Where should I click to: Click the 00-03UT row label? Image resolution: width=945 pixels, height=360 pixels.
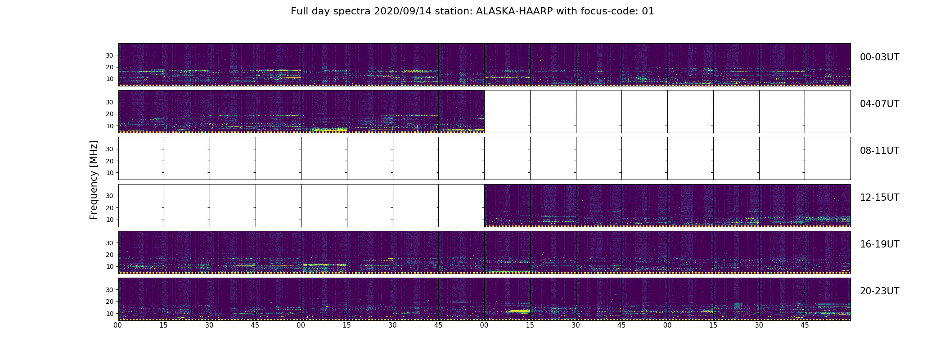(879, 57)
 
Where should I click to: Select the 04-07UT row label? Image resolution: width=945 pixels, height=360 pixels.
(879, 104)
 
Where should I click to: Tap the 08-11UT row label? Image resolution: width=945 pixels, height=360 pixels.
(879, 151)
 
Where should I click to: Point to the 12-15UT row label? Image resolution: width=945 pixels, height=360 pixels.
(879, 198)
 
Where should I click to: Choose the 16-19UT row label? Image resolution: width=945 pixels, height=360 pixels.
(879, 244)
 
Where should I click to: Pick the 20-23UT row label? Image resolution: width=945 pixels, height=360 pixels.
(879, 291)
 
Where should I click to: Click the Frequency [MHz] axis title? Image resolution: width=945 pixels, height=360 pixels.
(94, 180)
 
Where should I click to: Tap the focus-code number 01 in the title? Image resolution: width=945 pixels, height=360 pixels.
(648, 11)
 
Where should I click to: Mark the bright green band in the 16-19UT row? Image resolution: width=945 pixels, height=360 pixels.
(324, 265)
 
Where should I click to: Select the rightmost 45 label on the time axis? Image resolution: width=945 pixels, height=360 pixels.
(805, 325)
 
